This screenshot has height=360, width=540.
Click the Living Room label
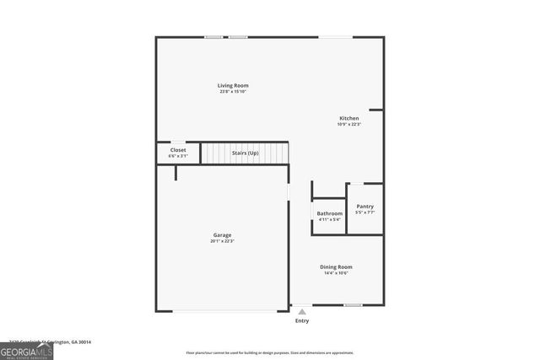point(233,85)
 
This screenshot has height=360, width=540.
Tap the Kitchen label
point(348,118)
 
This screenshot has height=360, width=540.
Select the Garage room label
point(222,234)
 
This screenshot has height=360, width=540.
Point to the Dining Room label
point(336,266)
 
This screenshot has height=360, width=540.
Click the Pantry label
point(365,206)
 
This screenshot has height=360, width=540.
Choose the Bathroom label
point(329,213)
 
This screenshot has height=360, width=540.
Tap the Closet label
point(178,150)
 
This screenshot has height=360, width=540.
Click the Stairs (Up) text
point(246,153)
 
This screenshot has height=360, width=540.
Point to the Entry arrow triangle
point(302,312)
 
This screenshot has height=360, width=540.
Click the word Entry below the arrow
point(302,320)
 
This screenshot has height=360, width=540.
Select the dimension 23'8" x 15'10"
point(234,92)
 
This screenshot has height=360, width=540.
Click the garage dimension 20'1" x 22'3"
point(222,241)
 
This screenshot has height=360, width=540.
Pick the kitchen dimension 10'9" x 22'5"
point(348,125)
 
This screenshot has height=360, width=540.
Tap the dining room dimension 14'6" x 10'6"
point(336,273)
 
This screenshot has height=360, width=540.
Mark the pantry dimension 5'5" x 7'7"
point(365,212)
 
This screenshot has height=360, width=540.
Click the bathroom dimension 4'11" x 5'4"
point(329,220)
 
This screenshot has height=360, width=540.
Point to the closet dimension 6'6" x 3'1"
point(178,156)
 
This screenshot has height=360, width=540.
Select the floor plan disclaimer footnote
point(270,352)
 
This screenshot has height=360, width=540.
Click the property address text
point(51,341)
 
